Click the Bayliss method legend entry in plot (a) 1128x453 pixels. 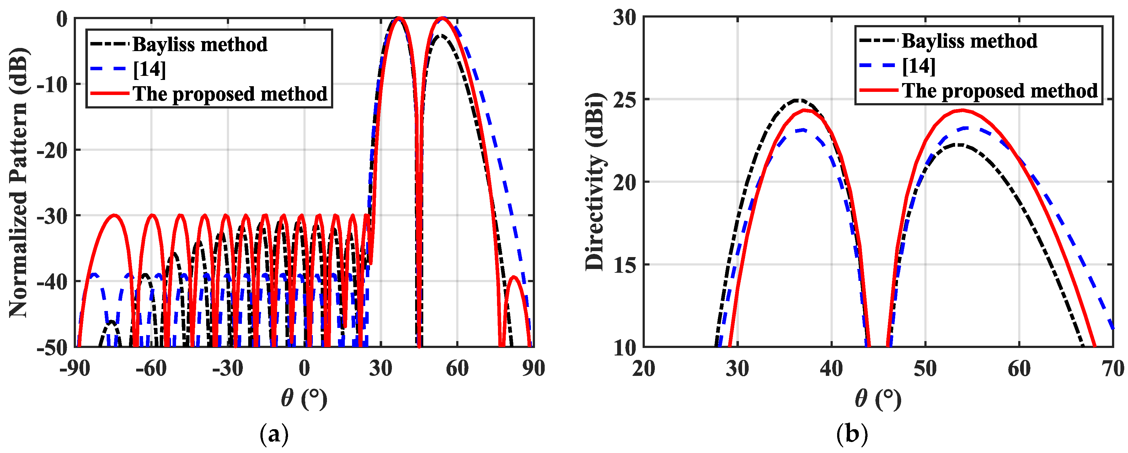coord(200,44)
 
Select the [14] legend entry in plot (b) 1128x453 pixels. coord(919,66)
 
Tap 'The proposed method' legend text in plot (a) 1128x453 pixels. coord(230,94)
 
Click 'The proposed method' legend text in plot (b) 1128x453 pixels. coord(1000,91)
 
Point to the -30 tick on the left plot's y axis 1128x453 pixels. coord(52,216)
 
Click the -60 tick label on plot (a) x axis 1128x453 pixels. coord(151,369)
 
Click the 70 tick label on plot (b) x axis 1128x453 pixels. coord(1113,369)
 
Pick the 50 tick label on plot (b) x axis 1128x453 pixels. coord(925,369)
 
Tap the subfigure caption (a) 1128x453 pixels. coord(274,435)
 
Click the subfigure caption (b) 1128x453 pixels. coord(852,435)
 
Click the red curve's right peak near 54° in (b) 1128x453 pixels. coord(962,110)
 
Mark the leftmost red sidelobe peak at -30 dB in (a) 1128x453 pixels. coord(115,215)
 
